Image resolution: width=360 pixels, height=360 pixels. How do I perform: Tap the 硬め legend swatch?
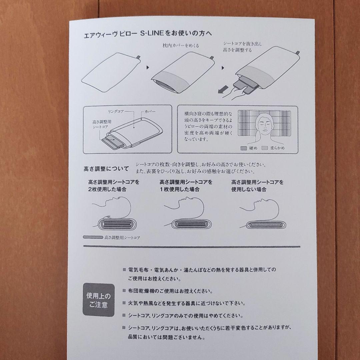click(x=244, y=148)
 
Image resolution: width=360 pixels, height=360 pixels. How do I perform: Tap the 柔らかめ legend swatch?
click(x=265, y=148)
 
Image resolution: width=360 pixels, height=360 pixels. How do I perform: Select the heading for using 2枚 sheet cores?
click(x=114, y=186)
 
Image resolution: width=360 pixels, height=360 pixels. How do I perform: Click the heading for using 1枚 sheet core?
click(x=186, y=186)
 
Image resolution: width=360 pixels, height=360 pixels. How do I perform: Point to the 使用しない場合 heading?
click(x=257, y=186)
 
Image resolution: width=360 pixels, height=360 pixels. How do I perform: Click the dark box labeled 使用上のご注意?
click(x=98, y=300)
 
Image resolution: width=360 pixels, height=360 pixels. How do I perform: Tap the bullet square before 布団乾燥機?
click(x=124, y=291)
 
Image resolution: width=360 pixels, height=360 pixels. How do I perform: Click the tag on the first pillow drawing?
click(x=138, y=59)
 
